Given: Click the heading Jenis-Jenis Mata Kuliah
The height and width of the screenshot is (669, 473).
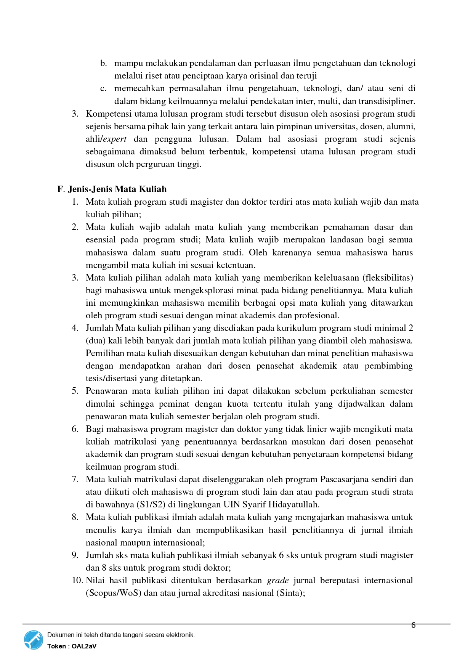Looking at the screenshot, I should [x=117, y=189].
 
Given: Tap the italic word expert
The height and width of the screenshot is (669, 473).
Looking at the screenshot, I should [x=115, y=139].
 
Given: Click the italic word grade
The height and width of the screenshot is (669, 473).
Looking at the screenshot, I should [x=277, y=580].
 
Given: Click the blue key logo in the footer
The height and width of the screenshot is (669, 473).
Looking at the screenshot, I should [x=34, y=640].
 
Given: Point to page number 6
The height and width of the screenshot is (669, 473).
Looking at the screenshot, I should [x=413, y=625].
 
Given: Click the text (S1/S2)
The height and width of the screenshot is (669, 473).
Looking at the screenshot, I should [x=151, y=505].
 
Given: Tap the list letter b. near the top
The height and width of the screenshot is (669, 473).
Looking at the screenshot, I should [x=103, y=63].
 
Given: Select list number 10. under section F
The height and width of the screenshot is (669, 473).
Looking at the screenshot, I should [x=77, y=580].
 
